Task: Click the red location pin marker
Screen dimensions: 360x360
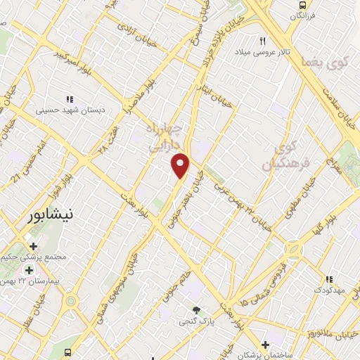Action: tap(181, 165)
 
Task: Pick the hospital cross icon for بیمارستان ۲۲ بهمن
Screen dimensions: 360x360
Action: tap(29, 270)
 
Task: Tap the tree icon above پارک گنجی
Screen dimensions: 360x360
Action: tap(197, 310)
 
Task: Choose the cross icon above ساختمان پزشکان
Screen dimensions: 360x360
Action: tap(264, 345)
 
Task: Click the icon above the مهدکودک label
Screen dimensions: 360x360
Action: tap(328, 278)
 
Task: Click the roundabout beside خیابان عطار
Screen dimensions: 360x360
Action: tap(70, 302)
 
